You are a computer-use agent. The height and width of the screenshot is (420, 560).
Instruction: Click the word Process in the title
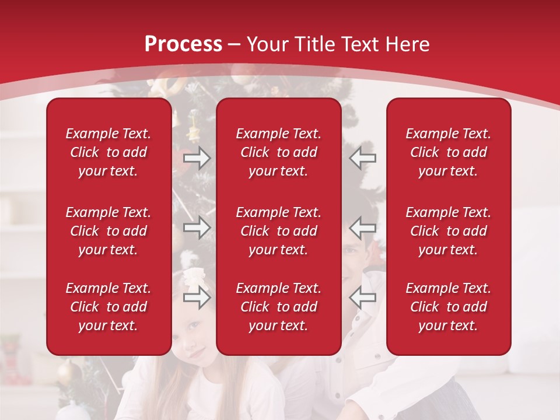(x=183, y=44)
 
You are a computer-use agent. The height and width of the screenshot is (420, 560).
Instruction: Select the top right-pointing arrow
(x=197, y=158)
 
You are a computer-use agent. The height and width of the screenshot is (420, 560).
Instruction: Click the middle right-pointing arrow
(x=197, y=228)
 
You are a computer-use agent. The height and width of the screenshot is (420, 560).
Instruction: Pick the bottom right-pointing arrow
(x=197, y=297)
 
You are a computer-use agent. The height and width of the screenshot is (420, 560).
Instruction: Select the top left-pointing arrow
(x=362, y=158)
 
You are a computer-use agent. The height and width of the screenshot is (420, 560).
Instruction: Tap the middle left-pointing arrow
(x=362, y=228)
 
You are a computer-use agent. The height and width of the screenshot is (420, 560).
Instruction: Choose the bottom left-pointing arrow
(x=362, y=297)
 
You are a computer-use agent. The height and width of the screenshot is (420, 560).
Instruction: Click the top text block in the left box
(x=108, y=152)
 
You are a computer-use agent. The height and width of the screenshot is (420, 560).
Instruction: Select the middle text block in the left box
(x=108, y=231)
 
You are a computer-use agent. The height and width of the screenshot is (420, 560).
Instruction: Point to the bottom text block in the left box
(x=108, y=307)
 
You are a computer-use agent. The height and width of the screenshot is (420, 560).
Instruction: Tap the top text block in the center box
(x=279, y=152)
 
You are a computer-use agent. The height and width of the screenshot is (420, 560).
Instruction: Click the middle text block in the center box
(x=279, y=231)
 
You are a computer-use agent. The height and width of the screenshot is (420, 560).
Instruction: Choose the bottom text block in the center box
(x=279, y=307)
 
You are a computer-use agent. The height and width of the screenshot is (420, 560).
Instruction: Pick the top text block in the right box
(x=449, y=152)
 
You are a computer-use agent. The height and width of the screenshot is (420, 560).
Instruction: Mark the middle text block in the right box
(x=449, y=231)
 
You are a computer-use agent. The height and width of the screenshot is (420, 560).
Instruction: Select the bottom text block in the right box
(x=449, y=307)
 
